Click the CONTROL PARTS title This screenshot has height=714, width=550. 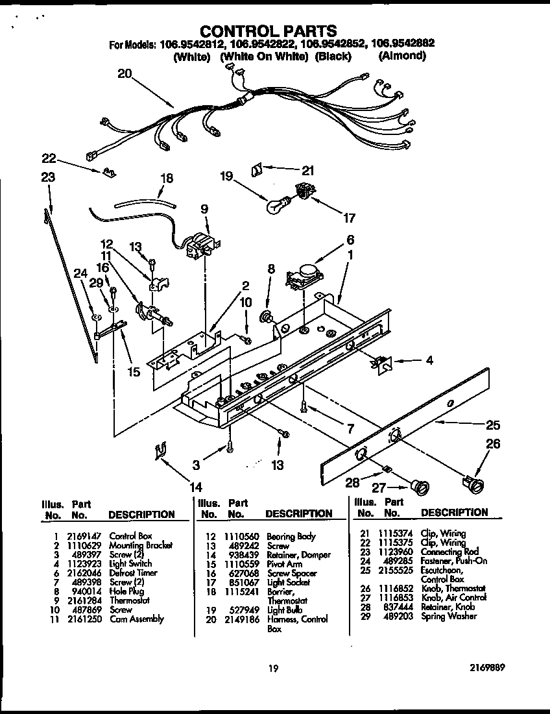267,31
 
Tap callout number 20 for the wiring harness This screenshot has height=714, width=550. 125,73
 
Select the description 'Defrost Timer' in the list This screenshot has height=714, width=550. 133,572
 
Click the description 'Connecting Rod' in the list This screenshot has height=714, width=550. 449,552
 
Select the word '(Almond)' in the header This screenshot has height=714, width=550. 401,56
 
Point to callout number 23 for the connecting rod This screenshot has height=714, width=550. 47,177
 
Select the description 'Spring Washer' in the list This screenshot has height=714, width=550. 448,615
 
